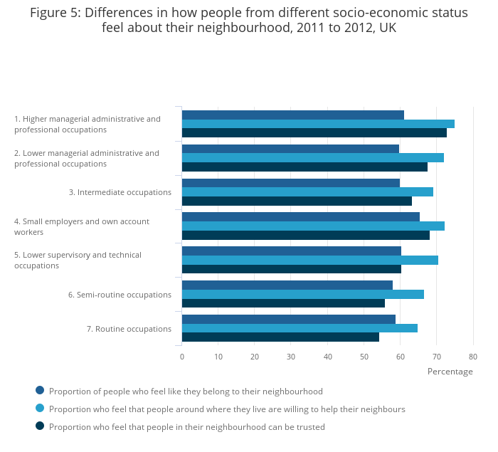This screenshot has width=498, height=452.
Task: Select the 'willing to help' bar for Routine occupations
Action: [300, 328]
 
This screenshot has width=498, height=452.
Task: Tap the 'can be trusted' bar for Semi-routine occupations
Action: [283, 303]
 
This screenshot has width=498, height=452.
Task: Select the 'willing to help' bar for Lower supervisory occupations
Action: [310, 260]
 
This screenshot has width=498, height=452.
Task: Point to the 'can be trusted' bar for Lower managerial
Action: [304, 167]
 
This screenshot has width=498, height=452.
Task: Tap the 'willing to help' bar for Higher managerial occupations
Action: [318, 124]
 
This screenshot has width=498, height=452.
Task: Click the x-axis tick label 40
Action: [327, 357]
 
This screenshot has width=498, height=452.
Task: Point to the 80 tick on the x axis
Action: [472, 357]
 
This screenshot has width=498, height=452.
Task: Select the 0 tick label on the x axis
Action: [182, 357]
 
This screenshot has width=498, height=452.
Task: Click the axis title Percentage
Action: [450, 372]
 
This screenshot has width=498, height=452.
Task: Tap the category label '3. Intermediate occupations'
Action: [120, 192]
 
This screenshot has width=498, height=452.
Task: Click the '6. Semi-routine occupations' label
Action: [120, 295]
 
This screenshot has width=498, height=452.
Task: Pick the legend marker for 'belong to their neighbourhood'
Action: [40, 390]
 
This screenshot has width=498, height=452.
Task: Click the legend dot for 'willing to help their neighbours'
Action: [40, 408]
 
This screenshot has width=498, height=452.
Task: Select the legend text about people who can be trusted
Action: [186, 427]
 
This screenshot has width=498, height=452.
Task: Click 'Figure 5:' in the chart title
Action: [55, 12]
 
